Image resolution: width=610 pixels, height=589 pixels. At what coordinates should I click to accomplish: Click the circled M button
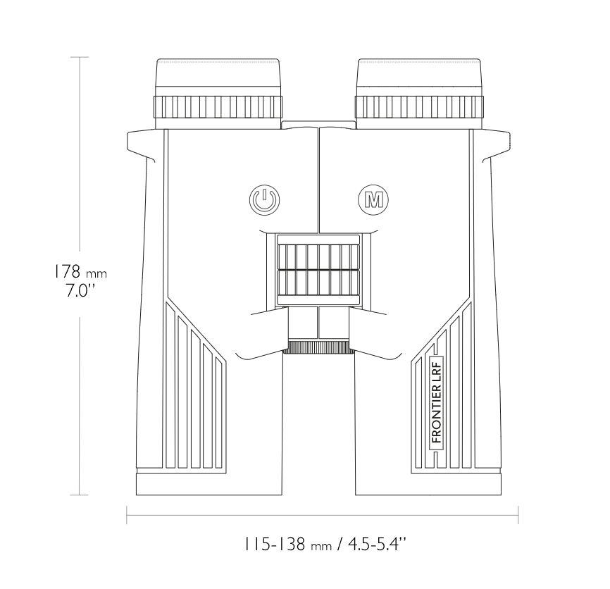click(373, 199)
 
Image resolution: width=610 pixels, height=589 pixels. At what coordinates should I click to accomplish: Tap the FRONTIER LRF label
click(437, 403)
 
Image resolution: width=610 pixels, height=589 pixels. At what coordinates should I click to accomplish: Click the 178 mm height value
click(80, 271)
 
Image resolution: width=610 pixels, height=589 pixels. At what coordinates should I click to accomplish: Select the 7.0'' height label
click(80, 290)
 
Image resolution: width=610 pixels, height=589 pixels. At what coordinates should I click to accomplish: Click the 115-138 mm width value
click(287, 544)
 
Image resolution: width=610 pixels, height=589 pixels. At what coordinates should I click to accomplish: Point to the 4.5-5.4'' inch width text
click(377, 544)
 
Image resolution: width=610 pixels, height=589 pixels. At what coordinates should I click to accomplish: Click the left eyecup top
click(218, 77)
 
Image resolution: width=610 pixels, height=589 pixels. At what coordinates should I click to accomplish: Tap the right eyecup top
click(419, 77)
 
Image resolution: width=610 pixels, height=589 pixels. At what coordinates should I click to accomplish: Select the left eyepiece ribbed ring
click(218, 106)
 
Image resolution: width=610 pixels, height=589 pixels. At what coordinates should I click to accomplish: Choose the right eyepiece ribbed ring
click(419, 106)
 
